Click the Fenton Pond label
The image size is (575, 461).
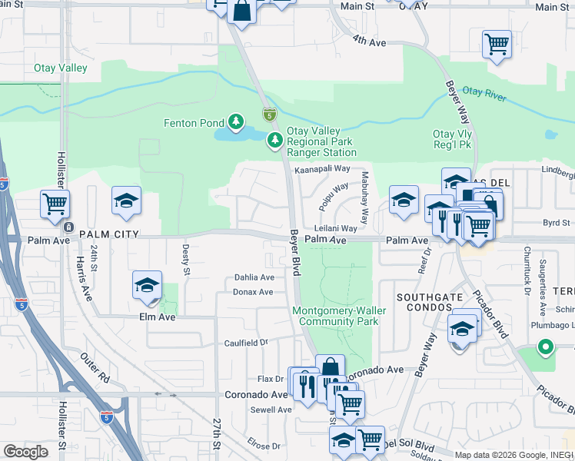[194, 122]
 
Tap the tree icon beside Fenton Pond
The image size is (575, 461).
[234, 121]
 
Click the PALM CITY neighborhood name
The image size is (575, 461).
[108, 234]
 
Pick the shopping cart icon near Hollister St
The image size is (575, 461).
[55, 204]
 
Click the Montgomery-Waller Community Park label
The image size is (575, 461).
[335, 316]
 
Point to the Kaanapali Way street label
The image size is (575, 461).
[322, 168]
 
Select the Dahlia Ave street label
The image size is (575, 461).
[254, 277]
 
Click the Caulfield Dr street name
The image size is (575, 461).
[246, 343]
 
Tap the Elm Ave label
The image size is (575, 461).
[157, 316]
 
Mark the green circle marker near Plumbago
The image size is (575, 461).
[546, 347]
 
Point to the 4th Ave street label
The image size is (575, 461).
[369, 39]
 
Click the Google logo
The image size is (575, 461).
[26, 452]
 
